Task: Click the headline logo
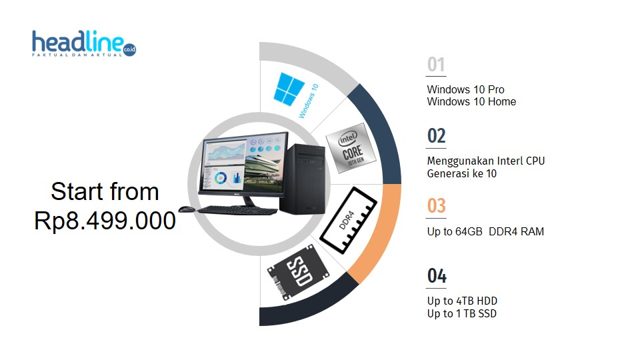(x=83, y=44)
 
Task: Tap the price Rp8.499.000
(x=105, y=221)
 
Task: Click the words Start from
(x=105, y=192)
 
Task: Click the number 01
(x=436, y=65)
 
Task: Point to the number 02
(x=436, y=136)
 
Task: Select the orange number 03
(x=436, y=206)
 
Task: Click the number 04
(x=437, y=276)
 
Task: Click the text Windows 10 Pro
(x=465, y=90)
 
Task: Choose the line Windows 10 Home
(x=471, y=102)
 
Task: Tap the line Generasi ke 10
(x=462, y=174)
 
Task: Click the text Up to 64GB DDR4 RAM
(x=485, y=232)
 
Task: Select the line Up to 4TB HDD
(x=462, y=301)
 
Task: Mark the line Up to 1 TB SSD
(x=461, y=314)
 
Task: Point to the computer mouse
(x=187, y=209)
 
